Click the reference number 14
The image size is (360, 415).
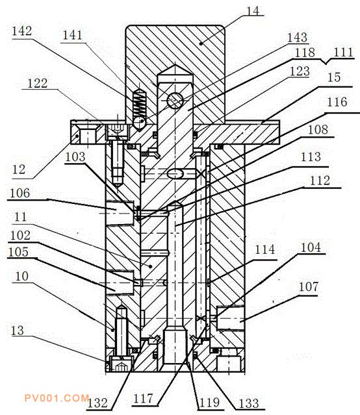tap(253, 11)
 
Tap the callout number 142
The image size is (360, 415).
tap(21, 31)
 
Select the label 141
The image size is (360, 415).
tap(72, 35)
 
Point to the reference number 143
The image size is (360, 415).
tap(298, 38)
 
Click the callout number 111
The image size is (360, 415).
tap(343, 52)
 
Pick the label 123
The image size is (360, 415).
tap(300, 71)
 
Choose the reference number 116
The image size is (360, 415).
tap(337, 102)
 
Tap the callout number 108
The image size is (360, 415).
tap(318, 129)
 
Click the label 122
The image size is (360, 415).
tap(38, 83)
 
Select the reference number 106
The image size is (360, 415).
tap(20, 193)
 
